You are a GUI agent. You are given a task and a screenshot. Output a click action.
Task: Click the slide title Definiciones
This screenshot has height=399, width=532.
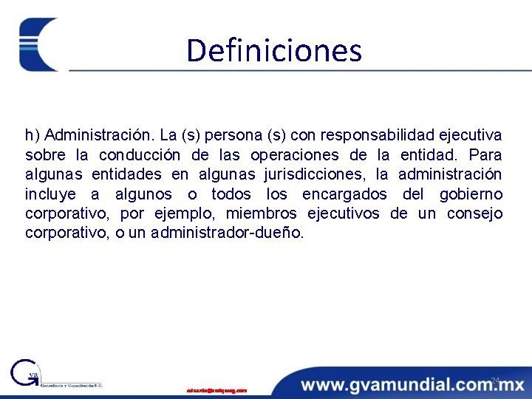274,50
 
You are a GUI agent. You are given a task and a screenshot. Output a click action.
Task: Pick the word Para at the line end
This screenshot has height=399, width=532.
485,155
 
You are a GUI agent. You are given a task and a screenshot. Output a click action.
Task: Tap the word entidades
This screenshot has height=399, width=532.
126,174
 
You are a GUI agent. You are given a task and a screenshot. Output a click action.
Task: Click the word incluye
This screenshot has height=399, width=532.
50,194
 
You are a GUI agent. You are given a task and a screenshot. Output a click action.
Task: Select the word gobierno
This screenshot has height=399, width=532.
471,194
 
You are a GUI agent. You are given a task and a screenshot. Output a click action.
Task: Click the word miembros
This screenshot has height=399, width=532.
262,214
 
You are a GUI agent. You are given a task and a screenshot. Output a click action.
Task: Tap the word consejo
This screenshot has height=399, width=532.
474,214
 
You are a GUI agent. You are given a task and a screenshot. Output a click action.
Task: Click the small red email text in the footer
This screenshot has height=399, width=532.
216,390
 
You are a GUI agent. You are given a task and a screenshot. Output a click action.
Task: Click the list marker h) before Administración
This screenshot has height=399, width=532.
32,135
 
